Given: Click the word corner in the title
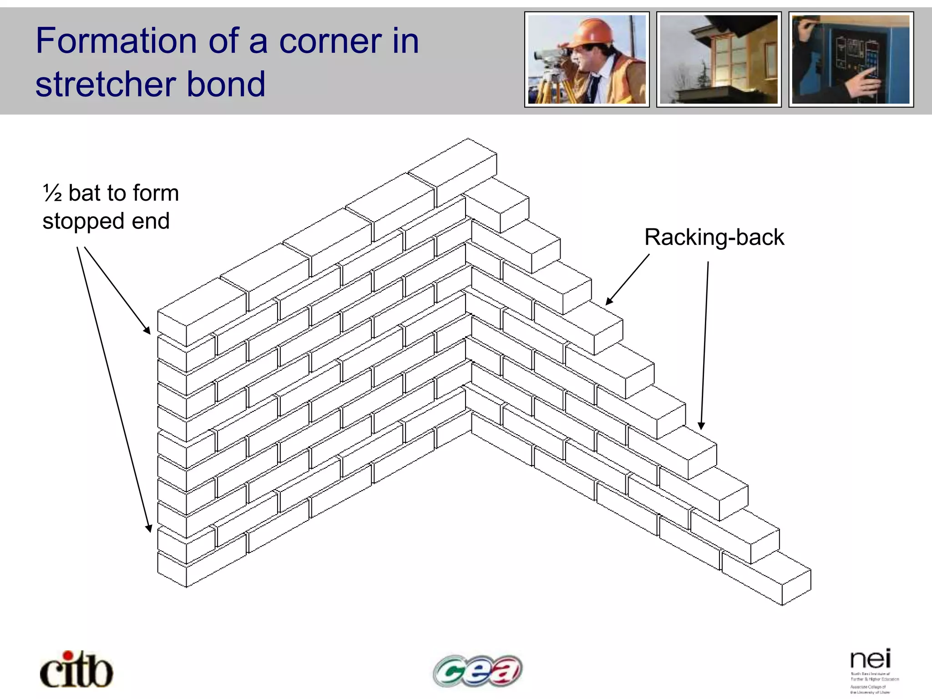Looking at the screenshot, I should (330, 41).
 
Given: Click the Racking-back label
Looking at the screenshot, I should (714, 238).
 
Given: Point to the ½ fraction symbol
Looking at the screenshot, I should (52, 193).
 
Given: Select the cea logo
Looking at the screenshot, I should (477, 670).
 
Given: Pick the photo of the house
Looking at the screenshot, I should (719, 60).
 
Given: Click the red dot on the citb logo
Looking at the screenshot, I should (68, 656).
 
